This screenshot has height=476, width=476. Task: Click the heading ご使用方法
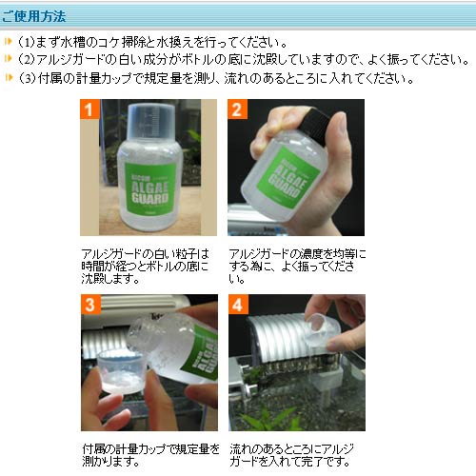33,16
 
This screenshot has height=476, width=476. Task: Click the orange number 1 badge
89,109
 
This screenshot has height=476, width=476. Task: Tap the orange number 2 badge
237,109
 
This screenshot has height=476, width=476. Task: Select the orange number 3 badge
90,305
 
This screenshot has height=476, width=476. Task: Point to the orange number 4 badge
238,305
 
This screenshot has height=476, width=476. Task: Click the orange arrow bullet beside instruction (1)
9,41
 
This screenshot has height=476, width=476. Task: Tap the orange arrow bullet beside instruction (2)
9,58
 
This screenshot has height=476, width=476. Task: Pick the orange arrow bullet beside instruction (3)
9,77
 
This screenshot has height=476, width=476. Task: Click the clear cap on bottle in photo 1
151,122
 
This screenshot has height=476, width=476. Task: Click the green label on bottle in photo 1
149,188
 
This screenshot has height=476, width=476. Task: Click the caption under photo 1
146,266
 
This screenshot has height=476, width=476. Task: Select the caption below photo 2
297,266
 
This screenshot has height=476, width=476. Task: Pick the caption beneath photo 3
150,455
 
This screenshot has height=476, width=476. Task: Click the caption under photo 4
291,455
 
